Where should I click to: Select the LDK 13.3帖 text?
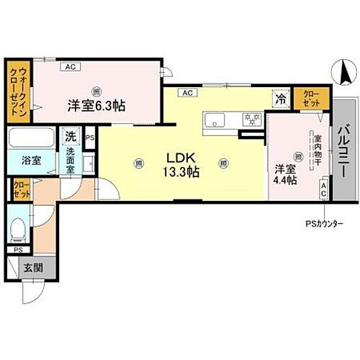(x=184, y=165)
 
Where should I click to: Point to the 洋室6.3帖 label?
(x=97, y=105)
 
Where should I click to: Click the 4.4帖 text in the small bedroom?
(x=285, y=181)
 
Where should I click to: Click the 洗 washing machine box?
(x=71, y=135)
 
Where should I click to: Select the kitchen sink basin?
(x=215, y=120)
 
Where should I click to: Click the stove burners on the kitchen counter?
(x=251, y=118)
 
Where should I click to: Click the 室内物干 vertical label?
(x=315, y=155)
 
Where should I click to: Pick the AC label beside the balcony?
(x=324, y=190)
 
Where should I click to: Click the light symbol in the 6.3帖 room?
(x=96, y=90)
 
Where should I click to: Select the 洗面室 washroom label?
(x=71, y=157)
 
